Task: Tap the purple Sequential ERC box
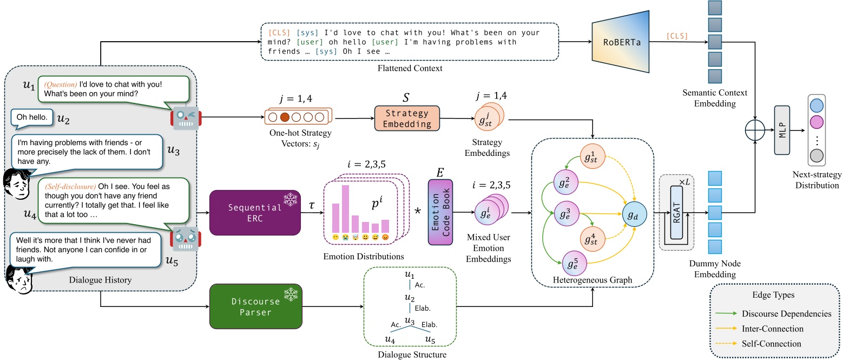(254, 212)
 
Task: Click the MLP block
(782, 130)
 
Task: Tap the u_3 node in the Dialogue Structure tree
(410, 323)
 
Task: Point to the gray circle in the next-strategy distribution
(817, 157)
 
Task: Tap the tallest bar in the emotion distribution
(345, 207)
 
